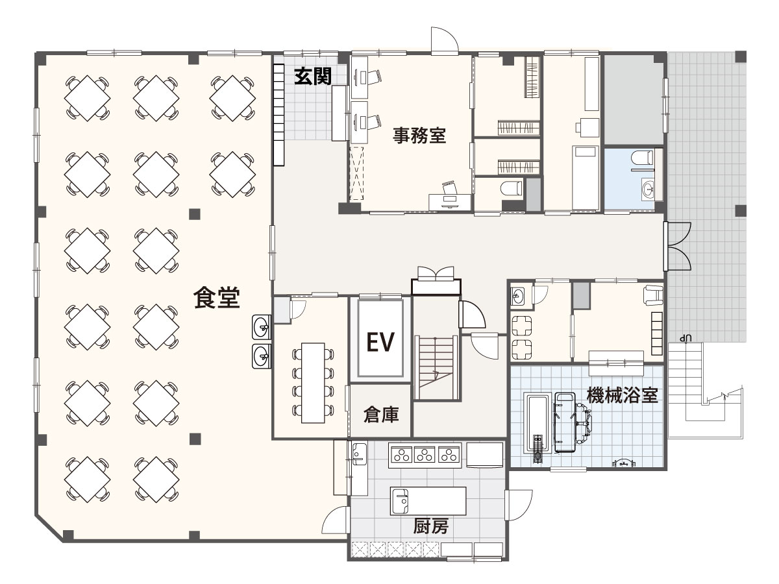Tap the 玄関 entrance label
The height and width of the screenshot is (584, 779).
[313, 77]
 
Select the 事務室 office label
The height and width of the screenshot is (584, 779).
[419, 136]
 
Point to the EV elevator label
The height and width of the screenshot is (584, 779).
[380, 341]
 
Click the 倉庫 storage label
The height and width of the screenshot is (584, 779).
[381, 414]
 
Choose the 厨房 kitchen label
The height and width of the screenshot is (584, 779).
[430, 526]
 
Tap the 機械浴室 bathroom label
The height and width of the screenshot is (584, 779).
[622, 395]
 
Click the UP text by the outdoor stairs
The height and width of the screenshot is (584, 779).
[686, 338]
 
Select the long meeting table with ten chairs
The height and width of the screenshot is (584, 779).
[313, 383]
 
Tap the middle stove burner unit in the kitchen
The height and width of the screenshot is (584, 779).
[425, 455]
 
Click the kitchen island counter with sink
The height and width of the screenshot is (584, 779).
[428, 501]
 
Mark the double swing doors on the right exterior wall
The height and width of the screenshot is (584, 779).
[678, 247]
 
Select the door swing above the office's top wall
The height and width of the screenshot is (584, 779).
[444, 40]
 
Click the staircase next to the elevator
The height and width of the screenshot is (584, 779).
[436, 369]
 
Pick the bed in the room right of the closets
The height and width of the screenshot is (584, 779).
[585, 178]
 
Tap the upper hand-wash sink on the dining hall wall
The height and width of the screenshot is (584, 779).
[262, 326]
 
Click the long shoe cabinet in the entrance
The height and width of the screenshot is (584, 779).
[279, 114]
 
